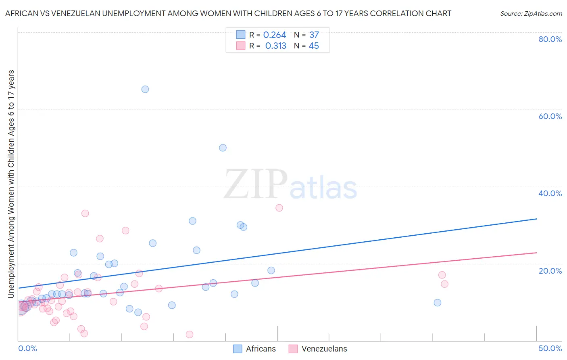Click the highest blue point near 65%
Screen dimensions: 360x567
[145, 89]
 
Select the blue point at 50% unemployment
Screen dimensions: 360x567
[223, 148]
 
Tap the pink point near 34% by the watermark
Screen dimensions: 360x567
[279, 208]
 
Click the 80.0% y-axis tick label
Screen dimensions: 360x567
[550, 39]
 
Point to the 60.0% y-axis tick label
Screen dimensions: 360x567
[550, 116]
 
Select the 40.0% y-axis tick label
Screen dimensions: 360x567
[550, 193]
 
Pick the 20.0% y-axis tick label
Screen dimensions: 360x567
[550, 271]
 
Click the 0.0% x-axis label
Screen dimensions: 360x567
[27, 348]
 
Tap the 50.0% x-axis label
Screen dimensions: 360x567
[550, 348]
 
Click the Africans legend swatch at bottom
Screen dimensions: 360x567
[238, 349]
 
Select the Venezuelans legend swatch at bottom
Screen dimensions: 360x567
[293, 349]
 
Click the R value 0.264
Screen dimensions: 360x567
[275, 35]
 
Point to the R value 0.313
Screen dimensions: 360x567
[276, 46]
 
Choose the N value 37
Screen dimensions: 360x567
[314, 35]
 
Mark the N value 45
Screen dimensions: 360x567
[314, 46]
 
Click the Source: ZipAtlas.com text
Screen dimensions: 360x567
[531, 14]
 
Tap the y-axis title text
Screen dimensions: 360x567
[11, 184]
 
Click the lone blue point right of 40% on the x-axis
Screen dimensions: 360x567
[438, 303]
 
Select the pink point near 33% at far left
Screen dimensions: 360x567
[85, 213]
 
